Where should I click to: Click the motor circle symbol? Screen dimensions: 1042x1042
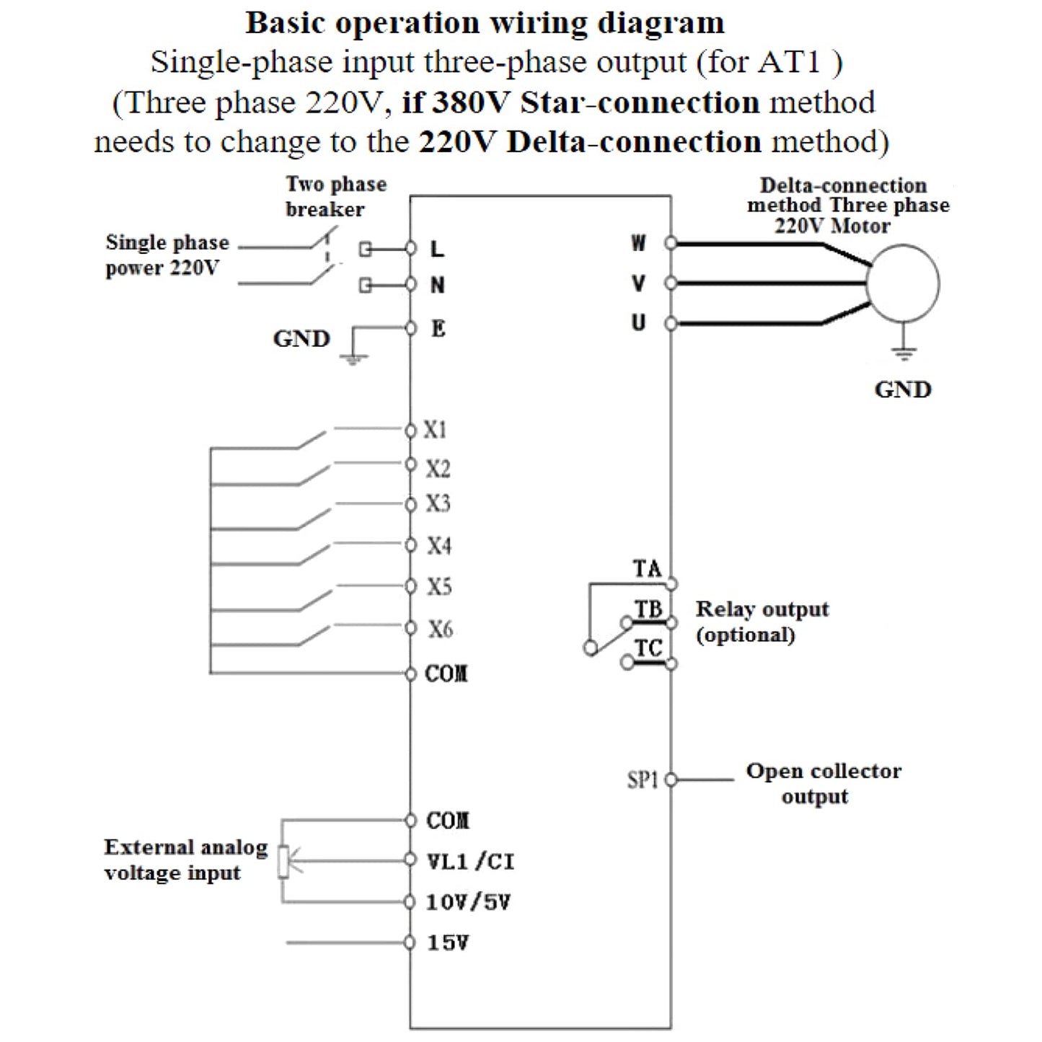pos(902,283)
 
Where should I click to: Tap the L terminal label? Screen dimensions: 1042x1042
pos(437,250)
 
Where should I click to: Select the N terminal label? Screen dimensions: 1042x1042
pos(437,286)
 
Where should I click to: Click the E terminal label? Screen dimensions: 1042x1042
pos(438,329)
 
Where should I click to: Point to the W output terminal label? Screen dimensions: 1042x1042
pos(639,244)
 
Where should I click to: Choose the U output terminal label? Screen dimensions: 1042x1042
pos(639,322)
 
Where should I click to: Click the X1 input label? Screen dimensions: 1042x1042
pos(435,431)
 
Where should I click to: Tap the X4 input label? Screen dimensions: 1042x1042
pos(438,546)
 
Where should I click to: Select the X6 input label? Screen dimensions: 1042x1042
pos(440,629)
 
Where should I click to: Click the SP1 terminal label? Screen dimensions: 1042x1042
pos(643,780)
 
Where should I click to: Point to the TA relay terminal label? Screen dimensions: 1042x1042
pos(647,569)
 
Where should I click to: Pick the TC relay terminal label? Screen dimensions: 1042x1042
pos(648,648)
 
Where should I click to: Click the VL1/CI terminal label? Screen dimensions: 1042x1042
pos(470,861)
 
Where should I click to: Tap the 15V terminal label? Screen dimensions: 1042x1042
pos(448,942)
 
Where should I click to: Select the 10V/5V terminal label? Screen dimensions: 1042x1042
pos(468,902)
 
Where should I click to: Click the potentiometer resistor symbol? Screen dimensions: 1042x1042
pos(283,861)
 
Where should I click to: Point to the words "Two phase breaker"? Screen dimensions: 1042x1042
pos(336,196)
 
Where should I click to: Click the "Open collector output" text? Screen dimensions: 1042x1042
pos(823,783)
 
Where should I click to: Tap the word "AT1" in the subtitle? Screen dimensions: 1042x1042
pos(790,63)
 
